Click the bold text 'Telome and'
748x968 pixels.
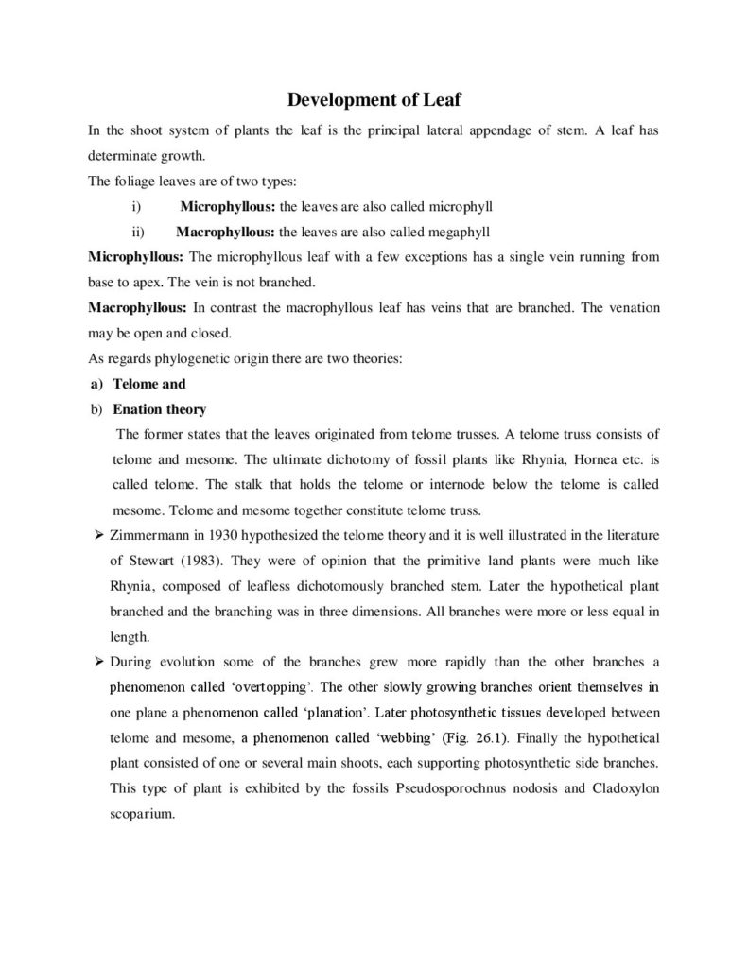tap(148, 384)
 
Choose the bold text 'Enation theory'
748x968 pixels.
tap(159, 409)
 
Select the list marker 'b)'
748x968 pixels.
tap(95, 409)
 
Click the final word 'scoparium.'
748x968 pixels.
tap(143, 813)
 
